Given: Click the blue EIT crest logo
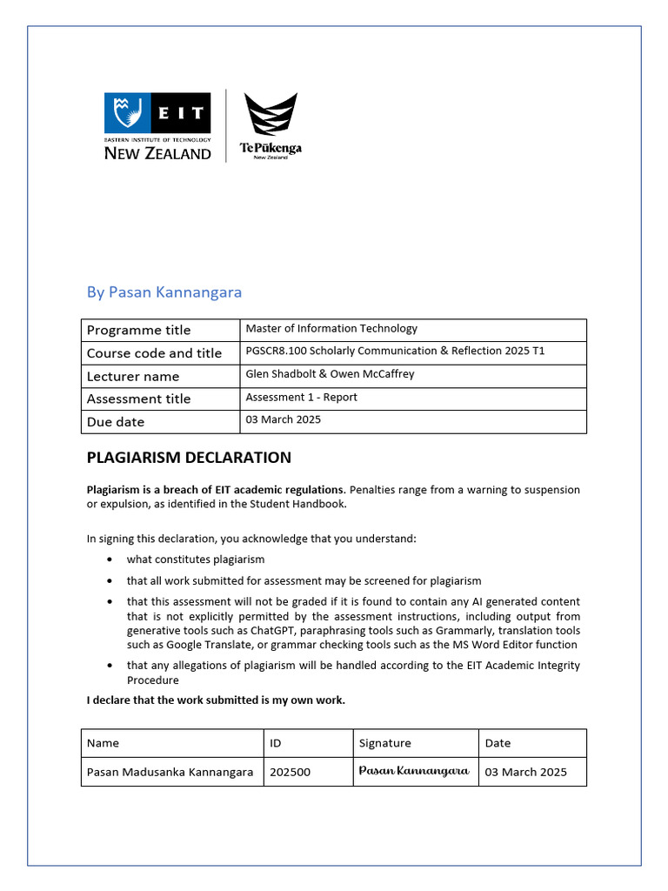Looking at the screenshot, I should pyautogui.click(x=127, y=113).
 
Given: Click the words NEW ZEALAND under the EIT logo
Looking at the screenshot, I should pyautogui.click(x=157, y=154).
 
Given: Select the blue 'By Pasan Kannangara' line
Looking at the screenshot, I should pyautogui.click(x=164, y=292).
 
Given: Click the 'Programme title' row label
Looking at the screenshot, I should pyautogui.click(x=138, y=331).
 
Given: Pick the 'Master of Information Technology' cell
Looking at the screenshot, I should pyautogui.click(x=331, y=329).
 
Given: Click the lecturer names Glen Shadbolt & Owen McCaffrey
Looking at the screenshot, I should pyautogui.click(x=330, y=374).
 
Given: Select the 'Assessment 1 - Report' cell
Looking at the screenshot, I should pyautogui.click(x=301, y=398).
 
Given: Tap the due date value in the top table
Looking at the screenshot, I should pyautogui.click(x=283, y=419).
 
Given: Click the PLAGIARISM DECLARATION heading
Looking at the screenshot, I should pyautogui.click(x=189, y=458).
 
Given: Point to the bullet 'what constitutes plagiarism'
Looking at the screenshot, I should pyautogui.click(x=195, y=559).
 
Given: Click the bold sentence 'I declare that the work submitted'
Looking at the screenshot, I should pyautogui.click(x=216, y=700).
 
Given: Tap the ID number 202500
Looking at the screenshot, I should pyautogui.click(x=290, y=772).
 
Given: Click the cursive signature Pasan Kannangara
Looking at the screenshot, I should pyautogui.click(x=414, y=771).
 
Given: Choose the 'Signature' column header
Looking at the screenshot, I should pyautogui.click(x=384, y=743).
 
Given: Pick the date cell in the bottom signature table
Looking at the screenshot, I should pyautogui.click(x=525, y=772).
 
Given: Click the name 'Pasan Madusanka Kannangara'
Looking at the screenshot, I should pyautogui.click(x=170, y=772).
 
